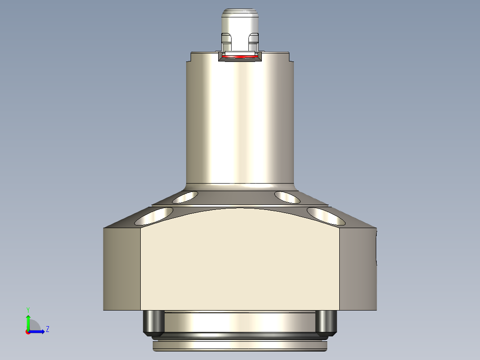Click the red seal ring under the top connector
click(x=240, y=57)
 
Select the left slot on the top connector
click(x=227, y=41)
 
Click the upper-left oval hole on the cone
click(x=186, y=196)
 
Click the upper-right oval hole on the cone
click(x=287, y=196)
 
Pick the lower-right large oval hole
click(x=326, y=216)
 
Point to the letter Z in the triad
click(x=47, y=329)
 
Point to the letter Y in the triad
click(x=28, y=309)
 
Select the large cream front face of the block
click(x=240, y=267)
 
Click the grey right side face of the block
click(x=358, y=269)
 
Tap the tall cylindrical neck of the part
click(x=240, y=120)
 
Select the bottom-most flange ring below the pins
click(x=240, y=345)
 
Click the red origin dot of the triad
click(x=28, y=332)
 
